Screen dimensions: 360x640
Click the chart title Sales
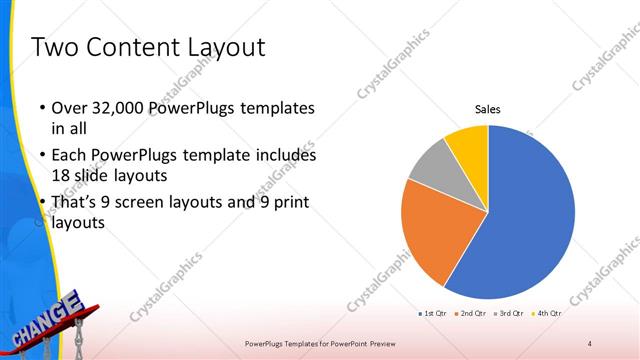[487, 109]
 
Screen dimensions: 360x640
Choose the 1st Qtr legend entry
[433, 314]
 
